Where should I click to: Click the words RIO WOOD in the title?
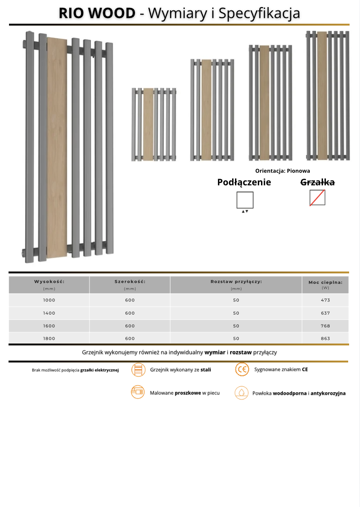point(97,13)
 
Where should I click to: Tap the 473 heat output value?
point(325,300)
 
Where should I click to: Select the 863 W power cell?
point(325,338)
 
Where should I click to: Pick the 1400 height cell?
point(49,313)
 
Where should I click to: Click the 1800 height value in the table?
point(49,338)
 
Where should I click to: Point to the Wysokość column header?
point(49,282)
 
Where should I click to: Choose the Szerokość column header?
point(130,282)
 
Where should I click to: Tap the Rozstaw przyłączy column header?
point(236,282)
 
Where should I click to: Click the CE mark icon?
point(242,370)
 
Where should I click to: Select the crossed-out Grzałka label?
point(317,182)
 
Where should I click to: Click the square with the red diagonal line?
point(317,198)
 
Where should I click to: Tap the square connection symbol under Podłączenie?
point(245,199)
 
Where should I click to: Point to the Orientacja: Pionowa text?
point(282,171)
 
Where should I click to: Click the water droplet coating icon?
point(242,393)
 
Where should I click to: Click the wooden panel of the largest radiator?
point(57,147)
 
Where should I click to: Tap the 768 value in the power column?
point(325,326)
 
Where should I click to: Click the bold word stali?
point(206,370)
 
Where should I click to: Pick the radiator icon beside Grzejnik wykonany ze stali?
point(138,370)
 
